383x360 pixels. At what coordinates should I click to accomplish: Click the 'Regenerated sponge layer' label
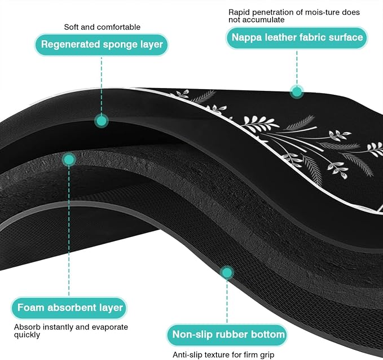102,45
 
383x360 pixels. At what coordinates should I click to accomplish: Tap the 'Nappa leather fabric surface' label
297,38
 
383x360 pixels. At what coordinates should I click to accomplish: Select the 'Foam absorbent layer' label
69,308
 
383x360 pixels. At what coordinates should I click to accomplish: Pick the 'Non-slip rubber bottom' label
227,335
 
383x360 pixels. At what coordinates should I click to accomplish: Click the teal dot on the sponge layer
102,121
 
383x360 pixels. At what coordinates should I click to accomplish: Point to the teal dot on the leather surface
297,92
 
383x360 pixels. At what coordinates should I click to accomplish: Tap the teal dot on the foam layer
69,160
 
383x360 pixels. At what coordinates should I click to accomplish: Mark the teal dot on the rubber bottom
227,273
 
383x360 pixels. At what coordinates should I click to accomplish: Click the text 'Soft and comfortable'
102,27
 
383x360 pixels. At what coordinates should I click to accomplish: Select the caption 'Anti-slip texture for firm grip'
223,354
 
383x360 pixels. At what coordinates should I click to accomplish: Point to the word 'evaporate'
110,327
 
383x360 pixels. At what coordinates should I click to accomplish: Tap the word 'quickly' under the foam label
27,335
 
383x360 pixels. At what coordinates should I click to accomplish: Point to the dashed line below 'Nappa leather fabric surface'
297,68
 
